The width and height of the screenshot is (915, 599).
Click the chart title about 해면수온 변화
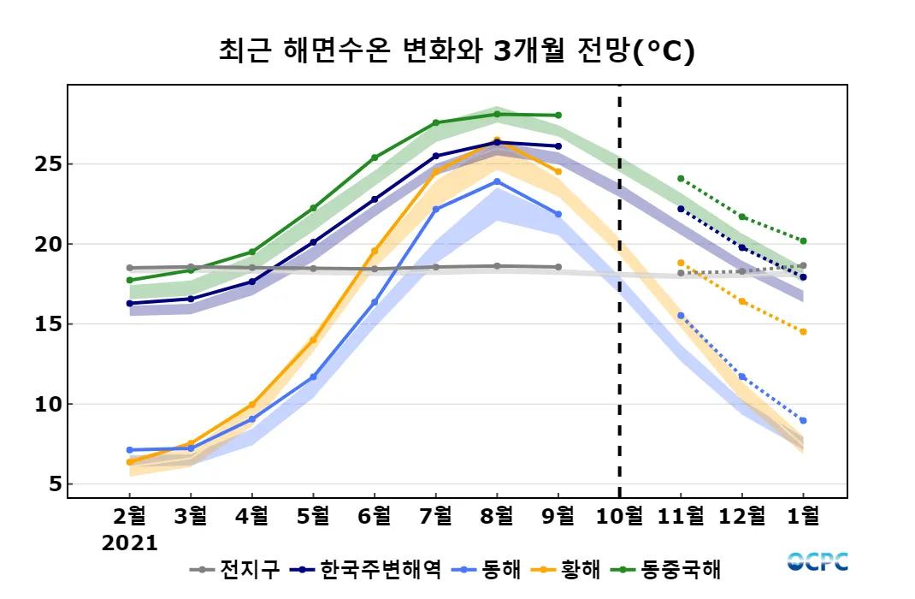457,52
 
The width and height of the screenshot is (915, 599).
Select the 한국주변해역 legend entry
368,568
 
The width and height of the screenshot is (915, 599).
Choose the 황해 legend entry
569,568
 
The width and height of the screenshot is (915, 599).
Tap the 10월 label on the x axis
619,516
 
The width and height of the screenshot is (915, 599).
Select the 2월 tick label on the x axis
130,516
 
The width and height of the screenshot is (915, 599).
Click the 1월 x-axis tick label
803,516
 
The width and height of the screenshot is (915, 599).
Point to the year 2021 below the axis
130,543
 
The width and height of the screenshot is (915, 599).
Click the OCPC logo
818,562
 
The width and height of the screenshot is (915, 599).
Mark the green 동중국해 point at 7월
435,122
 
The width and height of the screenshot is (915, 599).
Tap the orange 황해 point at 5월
313,340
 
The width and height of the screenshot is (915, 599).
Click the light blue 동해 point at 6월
375,302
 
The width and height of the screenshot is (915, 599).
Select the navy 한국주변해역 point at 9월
558,146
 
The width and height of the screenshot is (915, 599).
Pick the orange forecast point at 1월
803,332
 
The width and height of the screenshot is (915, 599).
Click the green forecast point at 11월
681,179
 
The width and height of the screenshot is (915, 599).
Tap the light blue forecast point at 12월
741,377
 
